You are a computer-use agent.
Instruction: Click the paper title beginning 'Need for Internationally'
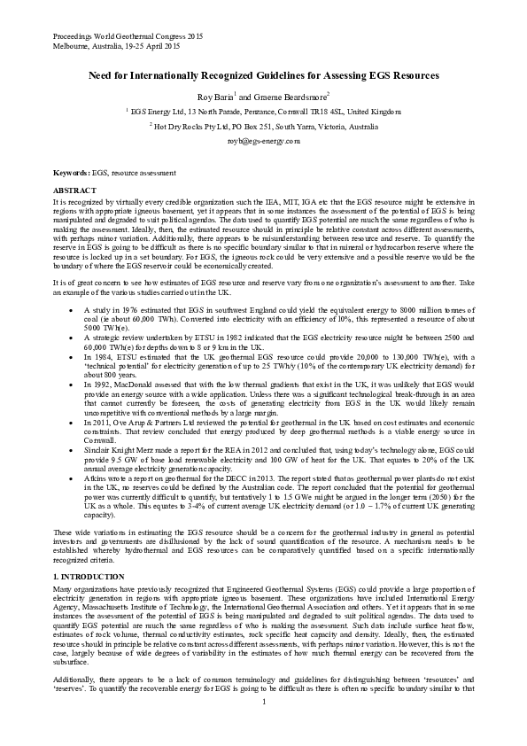pos(263,76)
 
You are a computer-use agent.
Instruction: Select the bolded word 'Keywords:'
pos(71,171)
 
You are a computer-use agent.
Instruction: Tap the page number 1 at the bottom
pos(264,727)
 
